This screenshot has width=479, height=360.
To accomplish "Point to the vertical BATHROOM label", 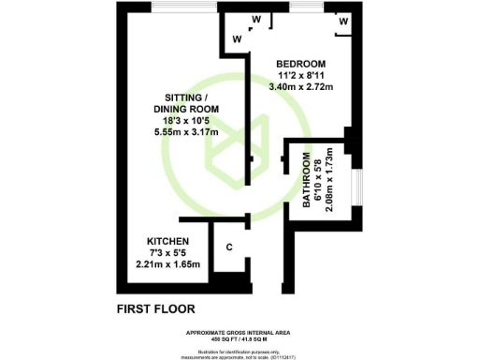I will [x=306, y=186].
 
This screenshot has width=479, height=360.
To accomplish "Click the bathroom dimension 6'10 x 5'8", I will [x=317, y=181].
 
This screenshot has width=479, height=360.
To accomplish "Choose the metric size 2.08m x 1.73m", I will [x=328, y=181].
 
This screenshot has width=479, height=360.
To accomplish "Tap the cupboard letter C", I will [x=230, y=249].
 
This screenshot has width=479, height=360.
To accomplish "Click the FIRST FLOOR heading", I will [x=157, y=308].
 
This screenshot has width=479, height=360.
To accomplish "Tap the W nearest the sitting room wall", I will [x=237, y=38].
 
